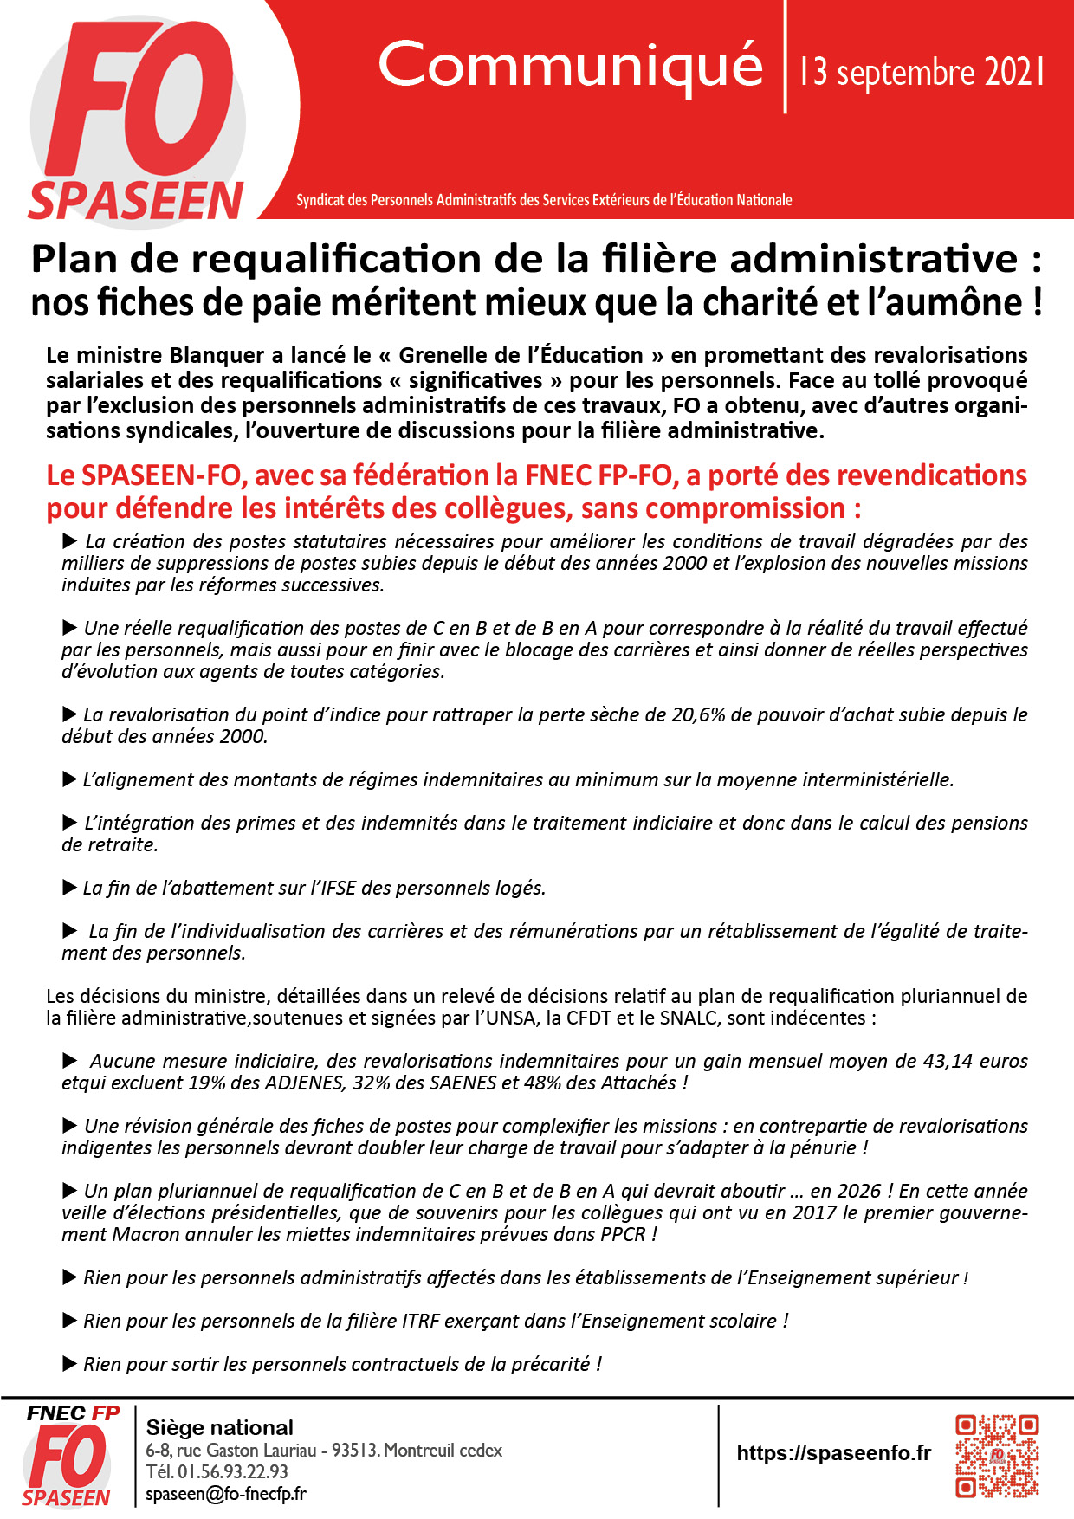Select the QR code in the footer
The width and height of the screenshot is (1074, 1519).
(996, 1456)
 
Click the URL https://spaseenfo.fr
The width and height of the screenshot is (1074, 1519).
(833, 1453)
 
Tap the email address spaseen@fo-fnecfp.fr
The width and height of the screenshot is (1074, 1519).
(226, 1494)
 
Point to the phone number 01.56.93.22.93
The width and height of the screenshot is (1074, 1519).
(233, 1472)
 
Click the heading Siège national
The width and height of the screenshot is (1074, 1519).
(220, 1427)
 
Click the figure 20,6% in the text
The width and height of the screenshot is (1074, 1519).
(699, 715)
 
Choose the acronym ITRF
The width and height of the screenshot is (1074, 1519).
(421, 1322)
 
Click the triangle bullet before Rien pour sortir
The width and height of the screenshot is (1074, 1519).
(70, 1364)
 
